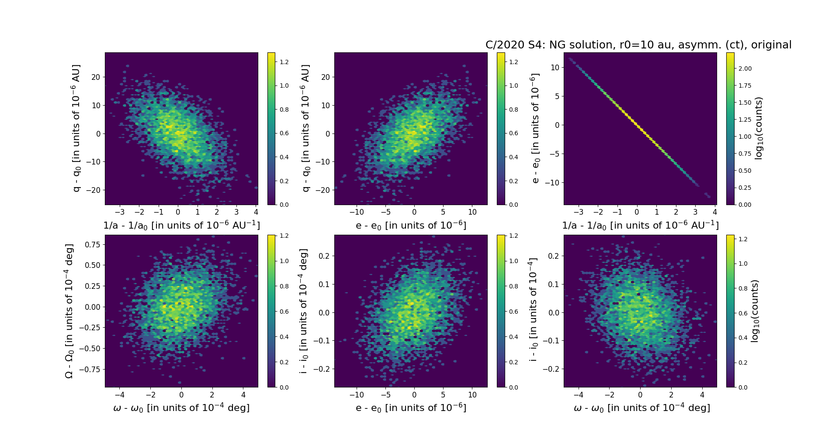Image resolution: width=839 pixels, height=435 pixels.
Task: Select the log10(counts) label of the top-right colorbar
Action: (x=759, y=128)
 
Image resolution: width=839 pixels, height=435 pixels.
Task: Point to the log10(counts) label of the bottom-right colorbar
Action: (x=754, y=311)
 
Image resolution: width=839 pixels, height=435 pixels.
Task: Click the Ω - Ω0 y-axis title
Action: (x=69, y=311)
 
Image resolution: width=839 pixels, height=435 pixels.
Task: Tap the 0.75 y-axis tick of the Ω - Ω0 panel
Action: (x=92, y=244)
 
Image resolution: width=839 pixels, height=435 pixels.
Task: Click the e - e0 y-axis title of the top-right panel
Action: (x=535, y=128)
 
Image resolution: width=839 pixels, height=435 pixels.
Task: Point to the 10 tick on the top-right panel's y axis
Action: (x=555, y=67)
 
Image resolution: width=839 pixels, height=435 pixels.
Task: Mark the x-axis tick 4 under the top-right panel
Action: (x=715, y=212)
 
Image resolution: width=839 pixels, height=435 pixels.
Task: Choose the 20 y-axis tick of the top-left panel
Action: (x=95, y=77)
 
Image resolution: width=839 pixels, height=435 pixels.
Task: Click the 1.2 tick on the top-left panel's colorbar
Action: (x=284, y=62)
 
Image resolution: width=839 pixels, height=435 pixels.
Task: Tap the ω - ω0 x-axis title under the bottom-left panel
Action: (x=181, y=408)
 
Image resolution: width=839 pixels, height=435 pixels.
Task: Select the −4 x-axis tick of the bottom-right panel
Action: (x=579, y=395)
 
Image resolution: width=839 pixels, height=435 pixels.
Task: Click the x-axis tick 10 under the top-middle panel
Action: (x=472, y=212)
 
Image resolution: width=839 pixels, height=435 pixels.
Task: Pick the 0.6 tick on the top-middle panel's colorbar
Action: (x=513, y=133)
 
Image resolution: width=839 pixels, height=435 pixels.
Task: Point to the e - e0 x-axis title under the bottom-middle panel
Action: (x=411, y=408)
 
